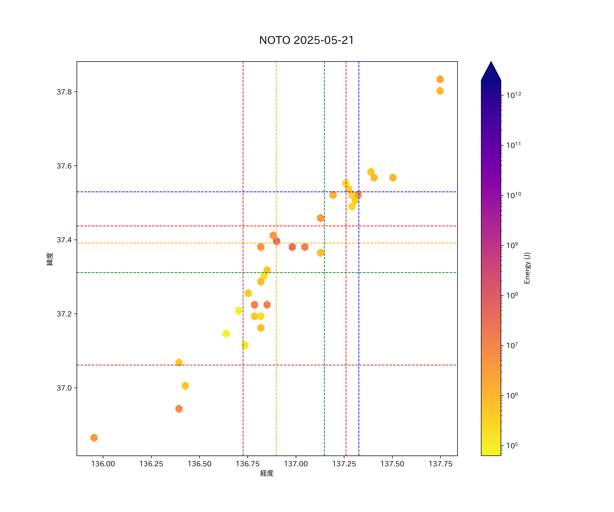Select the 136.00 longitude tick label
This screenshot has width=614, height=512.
point(103,464)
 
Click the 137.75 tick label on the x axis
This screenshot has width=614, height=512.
point(440,464)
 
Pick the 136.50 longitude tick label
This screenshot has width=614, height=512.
point(199,464)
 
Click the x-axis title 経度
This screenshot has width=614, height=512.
point(267,473)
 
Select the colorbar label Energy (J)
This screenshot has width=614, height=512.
point(527,268)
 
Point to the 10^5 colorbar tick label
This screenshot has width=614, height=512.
point(512,446)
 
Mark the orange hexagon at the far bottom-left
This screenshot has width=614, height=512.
point(94,438)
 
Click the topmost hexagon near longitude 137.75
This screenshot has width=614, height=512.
point(440,79)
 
